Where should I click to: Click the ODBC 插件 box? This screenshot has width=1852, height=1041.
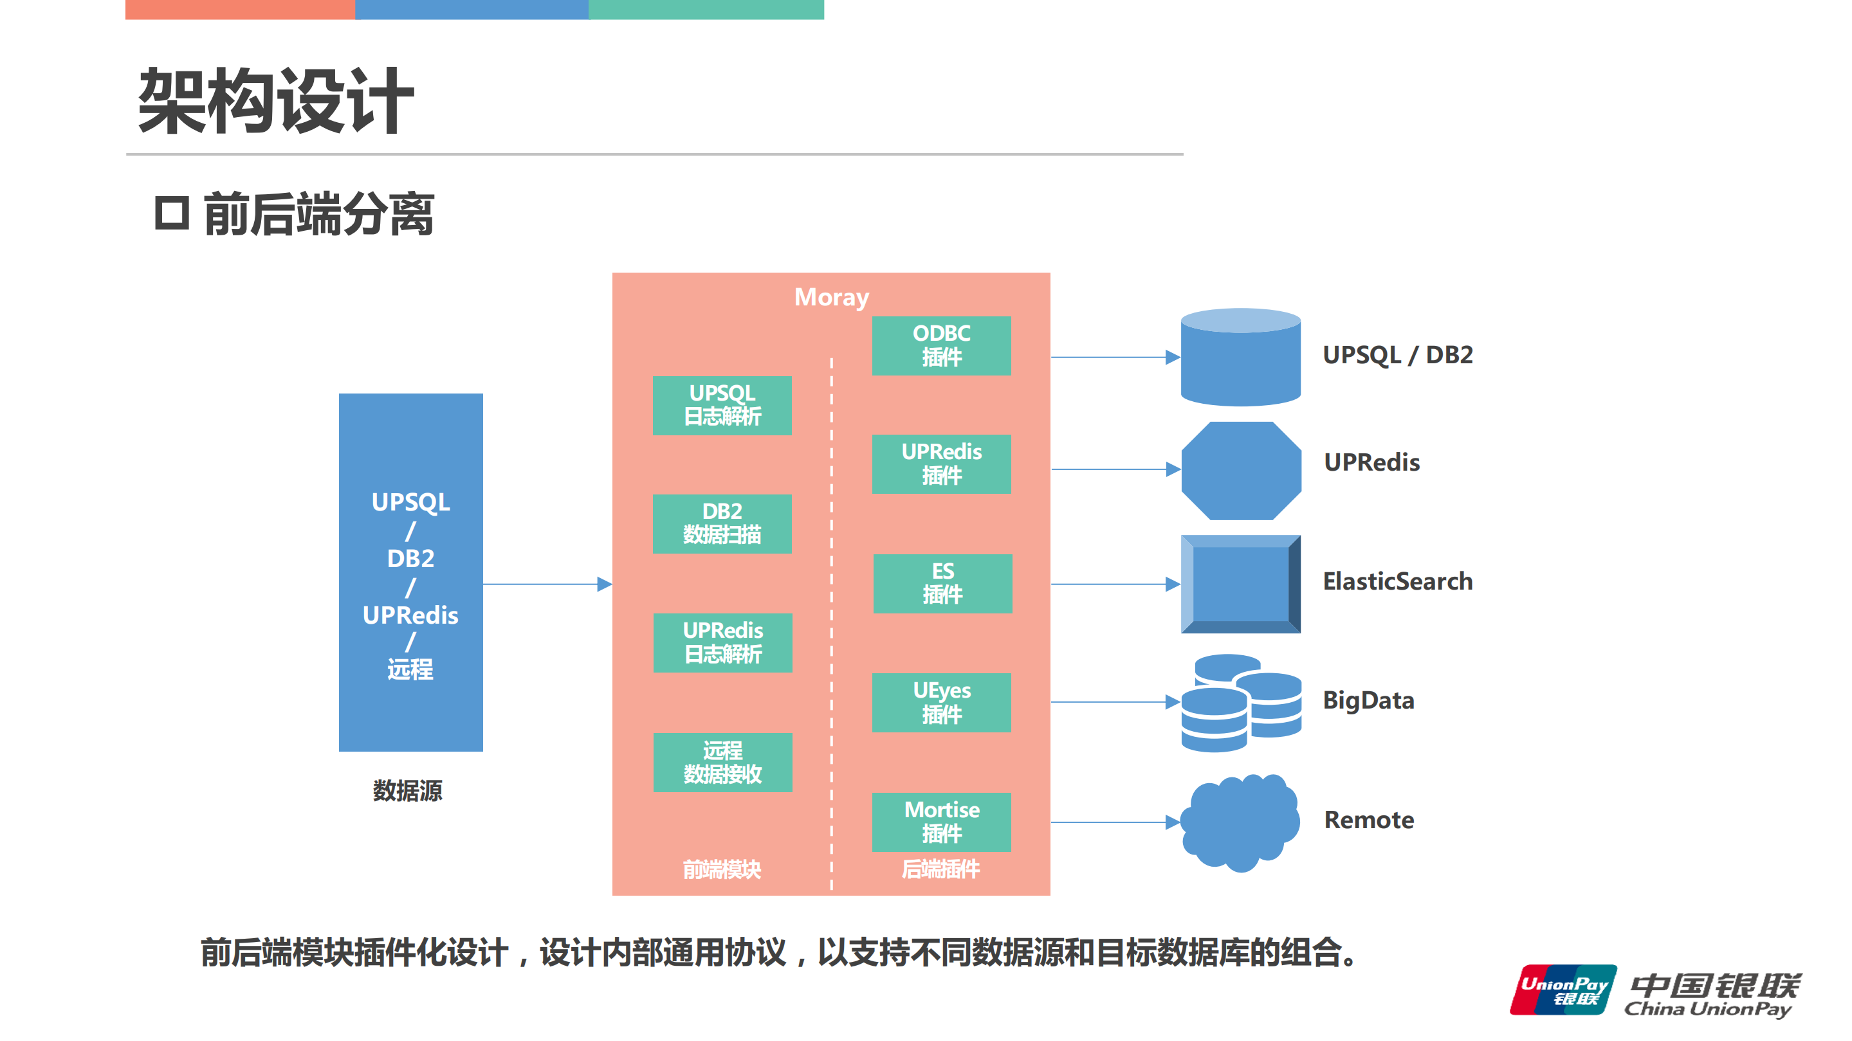pos(941,345)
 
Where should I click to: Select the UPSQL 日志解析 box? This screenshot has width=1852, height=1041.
pos(722,405)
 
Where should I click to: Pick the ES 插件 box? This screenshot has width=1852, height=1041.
pos(942,583)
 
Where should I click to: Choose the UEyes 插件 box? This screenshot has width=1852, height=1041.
pos(941,702)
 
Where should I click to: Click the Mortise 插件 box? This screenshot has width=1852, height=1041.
pos(941,821)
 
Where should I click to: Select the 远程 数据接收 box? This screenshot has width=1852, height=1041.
pos(722,761)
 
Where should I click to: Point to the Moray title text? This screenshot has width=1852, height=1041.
pos(831,296)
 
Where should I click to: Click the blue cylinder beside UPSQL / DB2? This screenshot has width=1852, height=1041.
pos(1240,357)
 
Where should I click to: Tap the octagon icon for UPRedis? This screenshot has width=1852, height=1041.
pos(1241,471)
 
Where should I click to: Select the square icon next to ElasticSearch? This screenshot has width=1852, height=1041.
pos(1241,583)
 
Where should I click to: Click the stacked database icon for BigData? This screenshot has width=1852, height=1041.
pos(1241,703)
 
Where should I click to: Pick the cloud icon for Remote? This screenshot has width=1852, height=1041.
pos(1240,822)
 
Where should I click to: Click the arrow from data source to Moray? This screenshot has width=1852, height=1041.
pos(546,584)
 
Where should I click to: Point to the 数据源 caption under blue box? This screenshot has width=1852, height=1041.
pos(408,790)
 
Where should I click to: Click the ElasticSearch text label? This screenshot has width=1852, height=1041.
pos(1397,581)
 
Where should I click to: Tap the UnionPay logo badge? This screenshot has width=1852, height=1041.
pos(1563,990)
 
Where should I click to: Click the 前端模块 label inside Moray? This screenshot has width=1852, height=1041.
pos(721,869)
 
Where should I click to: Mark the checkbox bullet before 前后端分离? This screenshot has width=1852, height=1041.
pos(172,213)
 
